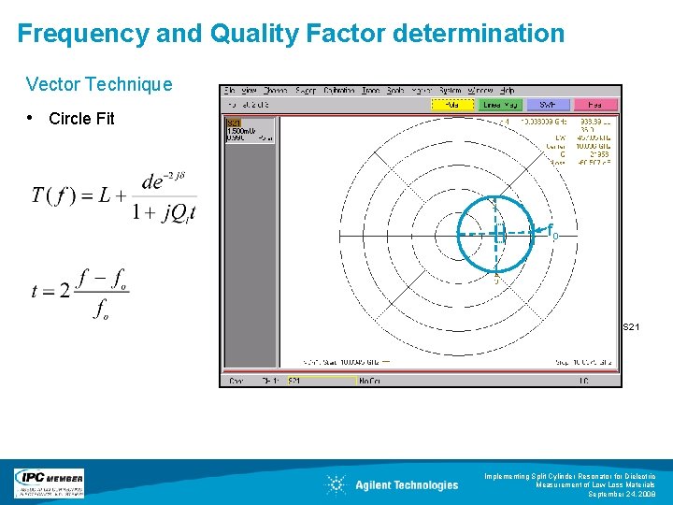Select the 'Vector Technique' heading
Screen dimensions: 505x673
click(99, 84)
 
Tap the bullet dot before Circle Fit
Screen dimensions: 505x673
click(32, 118)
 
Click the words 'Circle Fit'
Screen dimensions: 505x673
click(81, 119)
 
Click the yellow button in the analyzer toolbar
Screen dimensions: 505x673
click(452, 105)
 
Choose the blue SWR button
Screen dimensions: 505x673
click(548, 105)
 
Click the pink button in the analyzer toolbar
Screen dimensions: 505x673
click(595, 105)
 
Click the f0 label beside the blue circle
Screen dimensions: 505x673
click(552, 232)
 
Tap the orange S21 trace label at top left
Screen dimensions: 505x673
click(234, 123)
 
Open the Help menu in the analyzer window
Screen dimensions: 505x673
click(507, 91)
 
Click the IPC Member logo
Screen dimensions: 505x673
click(49, 483)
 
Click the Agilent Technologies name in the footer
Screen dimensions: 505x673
click(407, 484)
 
